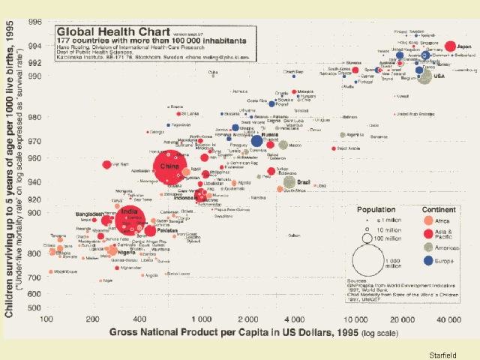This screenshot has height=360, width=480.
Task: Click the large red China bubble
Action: (x=170, y=168)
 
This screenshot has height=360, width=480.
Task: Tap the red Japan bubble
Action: (x=451, y=46)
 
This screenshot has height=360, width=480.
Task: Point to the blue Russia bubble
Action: (x=257, y=140)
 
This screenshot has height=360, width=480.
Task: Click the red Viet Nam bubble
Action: (x=107, y=164)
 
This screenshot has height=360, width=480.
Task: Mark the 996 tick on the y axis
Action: (x=35, y=22)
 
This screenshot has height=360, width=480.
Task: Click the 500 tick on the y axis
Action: (x=35, y=307)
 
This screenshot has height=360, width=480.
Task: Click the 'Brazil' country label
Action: (x=304, y=181)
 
